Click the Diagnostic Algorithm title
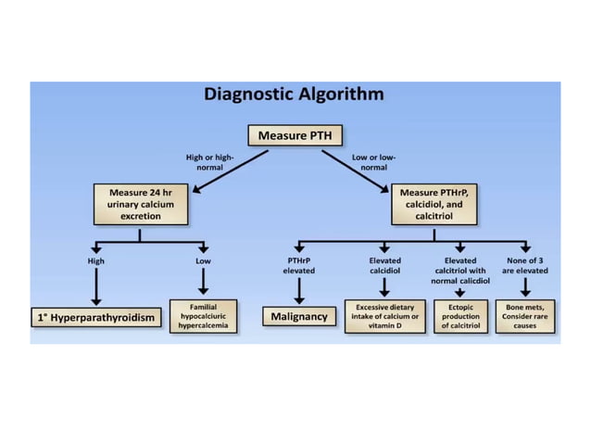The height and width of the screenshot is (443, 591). click(294, 95)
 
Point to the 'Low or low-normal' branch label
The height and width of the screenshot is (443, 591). click(374, 162)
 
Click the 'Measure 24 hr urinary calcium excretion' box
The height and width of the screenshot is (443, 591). click(141, 204)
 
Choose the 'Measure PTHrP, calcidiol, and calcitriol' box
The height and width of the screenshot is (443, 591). click(434, 204)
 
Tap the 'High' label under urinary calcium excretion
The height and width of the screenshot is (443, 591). click(95, 261)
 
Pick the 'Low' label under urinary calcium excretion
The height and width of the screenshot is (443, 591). click(203, 261)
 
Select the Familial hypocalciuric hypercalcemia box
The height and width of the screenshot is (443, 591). click(203, 317)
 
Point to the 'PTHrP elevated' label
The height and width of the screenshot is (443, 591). click(298, 266)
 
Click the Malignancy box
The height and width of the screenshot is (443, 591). click(298, 317)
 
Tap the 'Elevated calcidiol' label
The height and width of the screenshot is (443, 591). click(384, 266)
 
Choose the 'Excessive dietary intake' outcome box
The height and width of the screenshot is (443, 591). click(384, 317)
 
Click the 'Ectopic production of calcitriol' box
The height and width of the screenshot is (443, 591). click(460, 317)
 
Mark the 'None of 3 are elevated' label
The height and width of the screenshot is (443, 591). click(525, 266)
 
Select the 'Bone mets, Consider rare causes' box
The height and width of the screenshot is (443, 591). click(525, 317)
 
